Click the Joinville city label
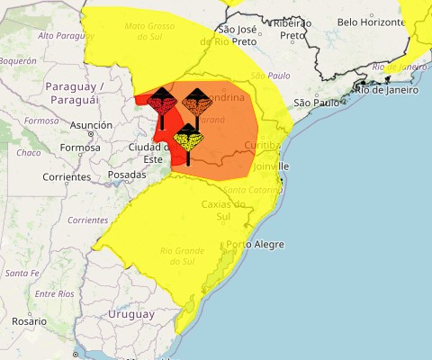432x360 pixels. (271, 166)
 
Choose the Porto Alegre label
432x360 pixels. (255, 245)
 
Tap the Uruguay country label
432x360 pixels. (131, 314)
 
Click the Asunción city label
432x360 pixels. (91, 125)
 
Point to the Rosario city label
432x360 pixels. (29, 321)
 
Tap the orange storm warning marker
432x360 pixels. (196, 103)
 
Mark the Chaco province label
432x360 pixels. (29, 153)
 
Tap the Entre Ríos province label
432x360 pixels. (53, 294)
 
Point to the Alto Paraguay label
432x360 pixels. (66, 35)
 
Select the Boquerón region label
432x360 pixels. (18, 60)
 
